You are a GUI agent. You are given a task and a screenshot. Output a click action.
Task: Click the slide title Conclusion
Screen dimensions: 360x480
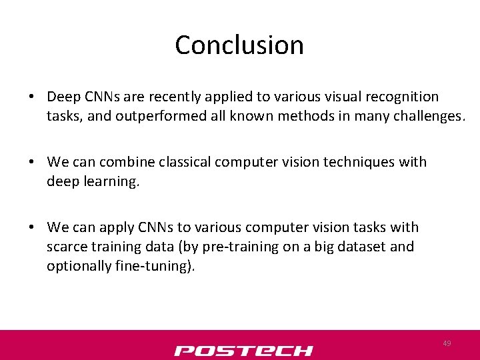pos(239,45)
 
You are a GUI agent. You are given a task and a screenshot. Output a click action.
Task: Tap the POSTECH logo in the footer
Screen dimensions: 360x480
pos(243,350)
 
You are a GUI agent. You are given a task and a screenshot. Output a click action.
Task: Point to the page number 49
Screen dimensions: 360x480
pos(447,343)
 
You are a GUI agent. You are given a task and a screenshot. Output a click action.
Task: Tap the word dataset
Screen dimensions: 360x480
pos(360,247)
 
